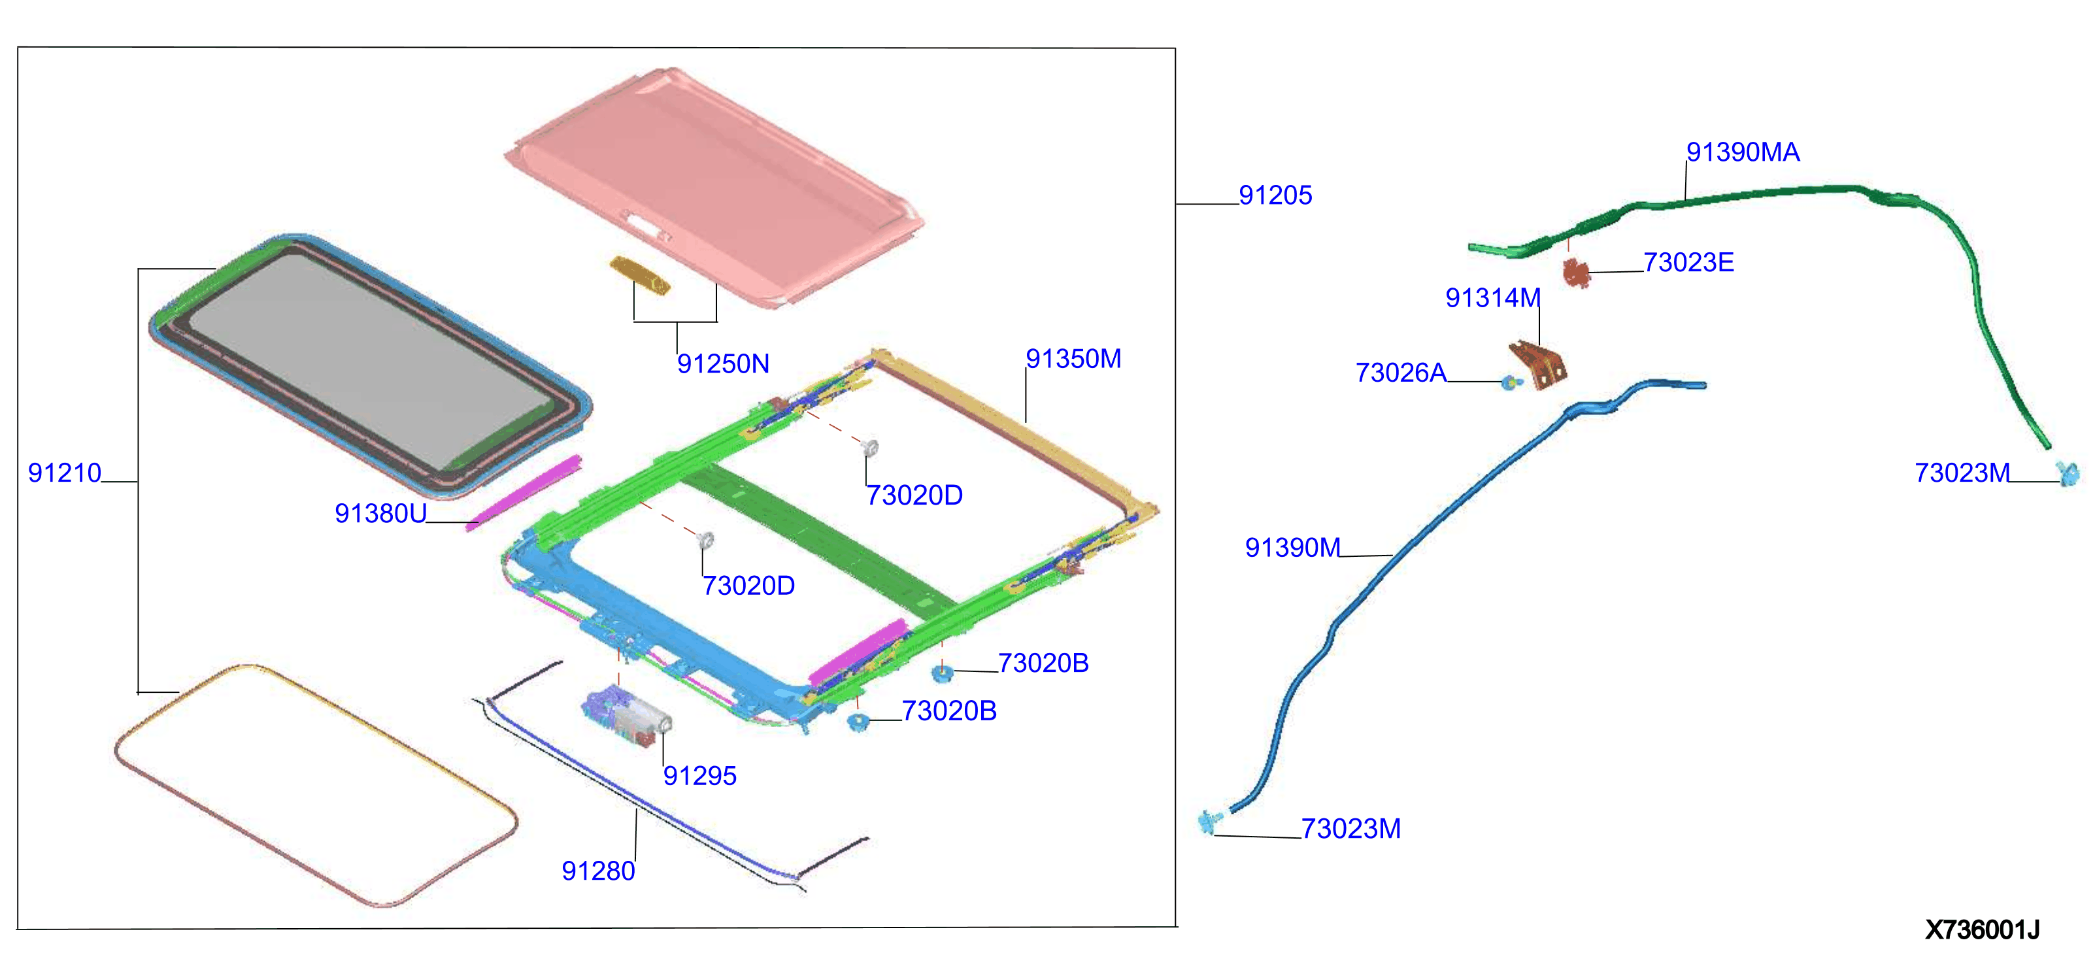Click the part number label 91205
pyautogui.click(x=1275, y=195)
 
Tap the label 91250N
pyautogui.click(x=723, y=363)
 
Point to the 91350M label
pyautogui.click(x=1073, y=359)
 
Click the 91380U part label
pyautogui.click(x=380, y=513)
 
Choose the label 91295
pyautogui.click(x=699, y=776)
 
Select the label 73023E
pyautogui.click(x=1688, y=263)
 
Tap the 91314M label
pyautogui.click(x=1492, y=297)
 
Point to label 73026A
pyautogui.click(x=1400, y=373)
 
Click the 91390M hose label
pyautogui.click(x=1292, y=547)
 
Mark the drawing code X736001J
pyautogui.click(x=1982, y=929)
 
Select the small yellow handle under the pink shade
pyautogui.click(x=640, y=275)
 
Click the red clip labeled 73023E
pyautogui.click(x=1577, y=273)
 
